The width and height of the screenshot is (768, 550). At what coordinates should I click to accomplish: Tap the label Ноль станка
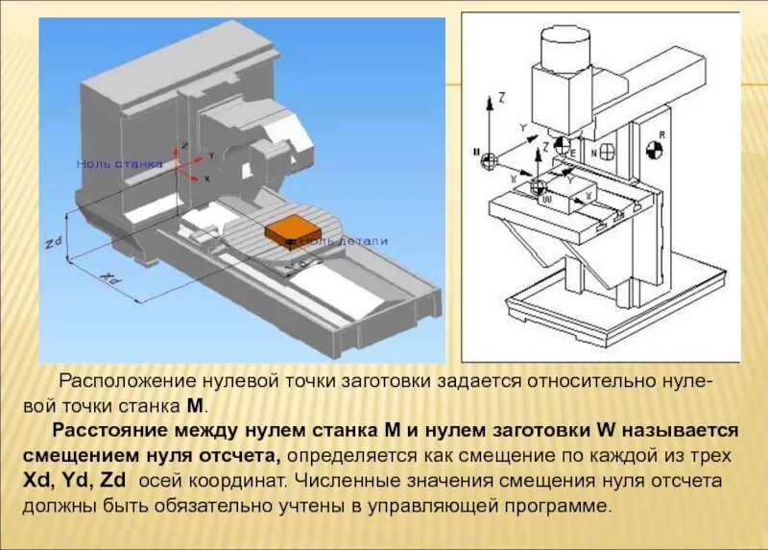(x=121, y=164)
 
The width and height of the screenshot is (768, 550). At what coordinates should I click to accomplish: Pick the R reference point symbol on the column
(x=655, y=149)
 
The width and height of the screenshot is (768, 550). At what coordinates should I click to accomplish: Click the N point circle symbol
(x=607, y=151)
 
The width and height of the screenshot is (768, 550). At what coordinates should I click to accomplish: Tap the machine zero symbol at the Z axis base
(x=489, y=156)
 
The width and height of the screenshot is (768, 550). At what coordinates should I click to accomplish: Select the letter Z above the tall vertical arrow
(x=501, y=97)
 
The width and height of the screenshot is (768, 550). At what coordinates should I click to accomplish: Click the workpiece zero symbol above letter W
(x=538, y=185)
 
